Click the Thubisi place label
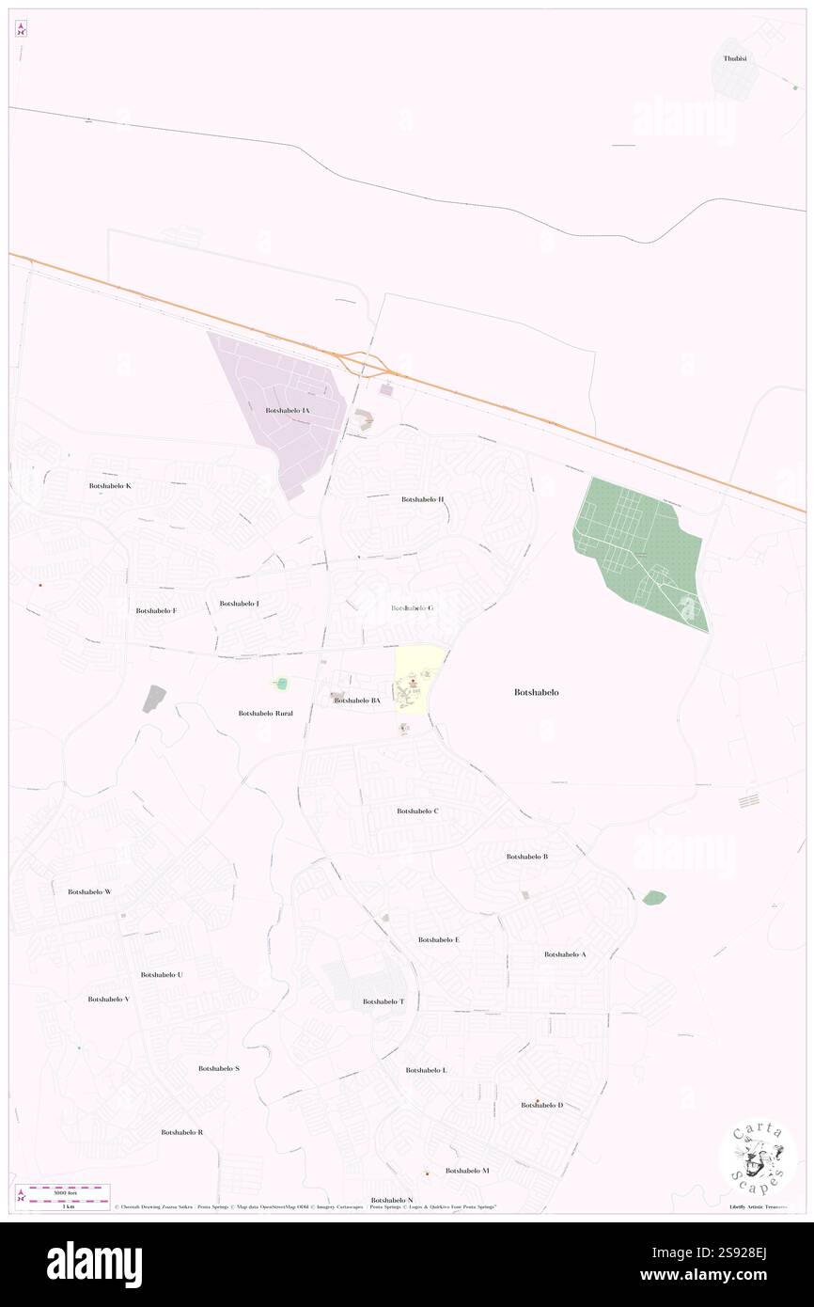pyautogui.click(x=734, y=58)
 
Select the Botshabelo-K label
pyautogui.click(x=110, y=485)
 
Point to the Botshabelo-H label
pyautogui.click(x=422, y=499)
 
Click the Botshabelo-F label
pyautogui.click(x=156, y=610)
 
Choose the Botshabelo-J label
pyautogui.click(x=239, y=603)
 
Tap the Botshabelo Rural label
pyautogui.click(x=265, y=714)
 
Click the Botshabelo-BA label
pyautogui.click(x=357, y=701)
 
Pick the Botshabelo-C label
pyautogui.click(x=417, y=811)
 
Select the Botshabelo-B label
pyautogui.click(x=526, y=857)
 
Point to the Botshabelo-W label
pyautogui.click(x=89, y=891)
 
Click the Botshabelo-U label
pyautogui.click(x=162, y=975)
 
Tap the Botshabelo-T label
pyautogui.click(x=384, y=1001)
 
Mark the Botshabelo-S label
pyautogui.click(x=219, y=1069)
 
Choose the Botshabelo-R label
pyautogui.click(x=182, y=1132)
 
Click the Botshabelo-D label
pyautogui.click(x=542, y=1105)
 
